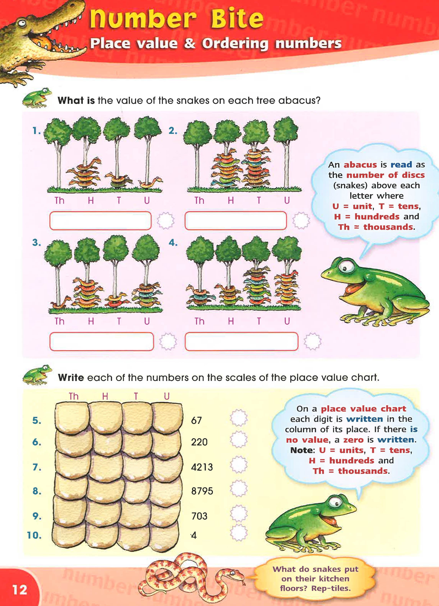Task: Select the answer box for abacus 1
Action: pyautogui.click(x=100, y=221)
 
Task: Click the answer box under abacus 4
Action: pyautogui.click(x=241, y=342)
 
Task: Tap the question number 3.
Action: pyautogui.click(x=37, y=242)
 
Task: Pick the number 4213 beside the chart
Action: pyautogui.click(x=202, y=467)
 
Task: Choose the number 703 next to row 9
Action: pyautogui.click(x=199, y=516)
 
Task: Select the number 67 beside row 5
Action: pyautogui.click(x=196, y=421)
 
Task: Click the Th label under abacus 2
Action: pyautogui.click(x=199, y=200)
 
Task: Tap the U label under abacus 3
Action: pyautogui.click(x=147, y=321)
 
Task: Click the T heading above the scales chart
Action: pyautogui.click(x=136, y=396)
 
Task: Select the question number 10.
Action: pyautogui.click(x=34, y=535)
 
